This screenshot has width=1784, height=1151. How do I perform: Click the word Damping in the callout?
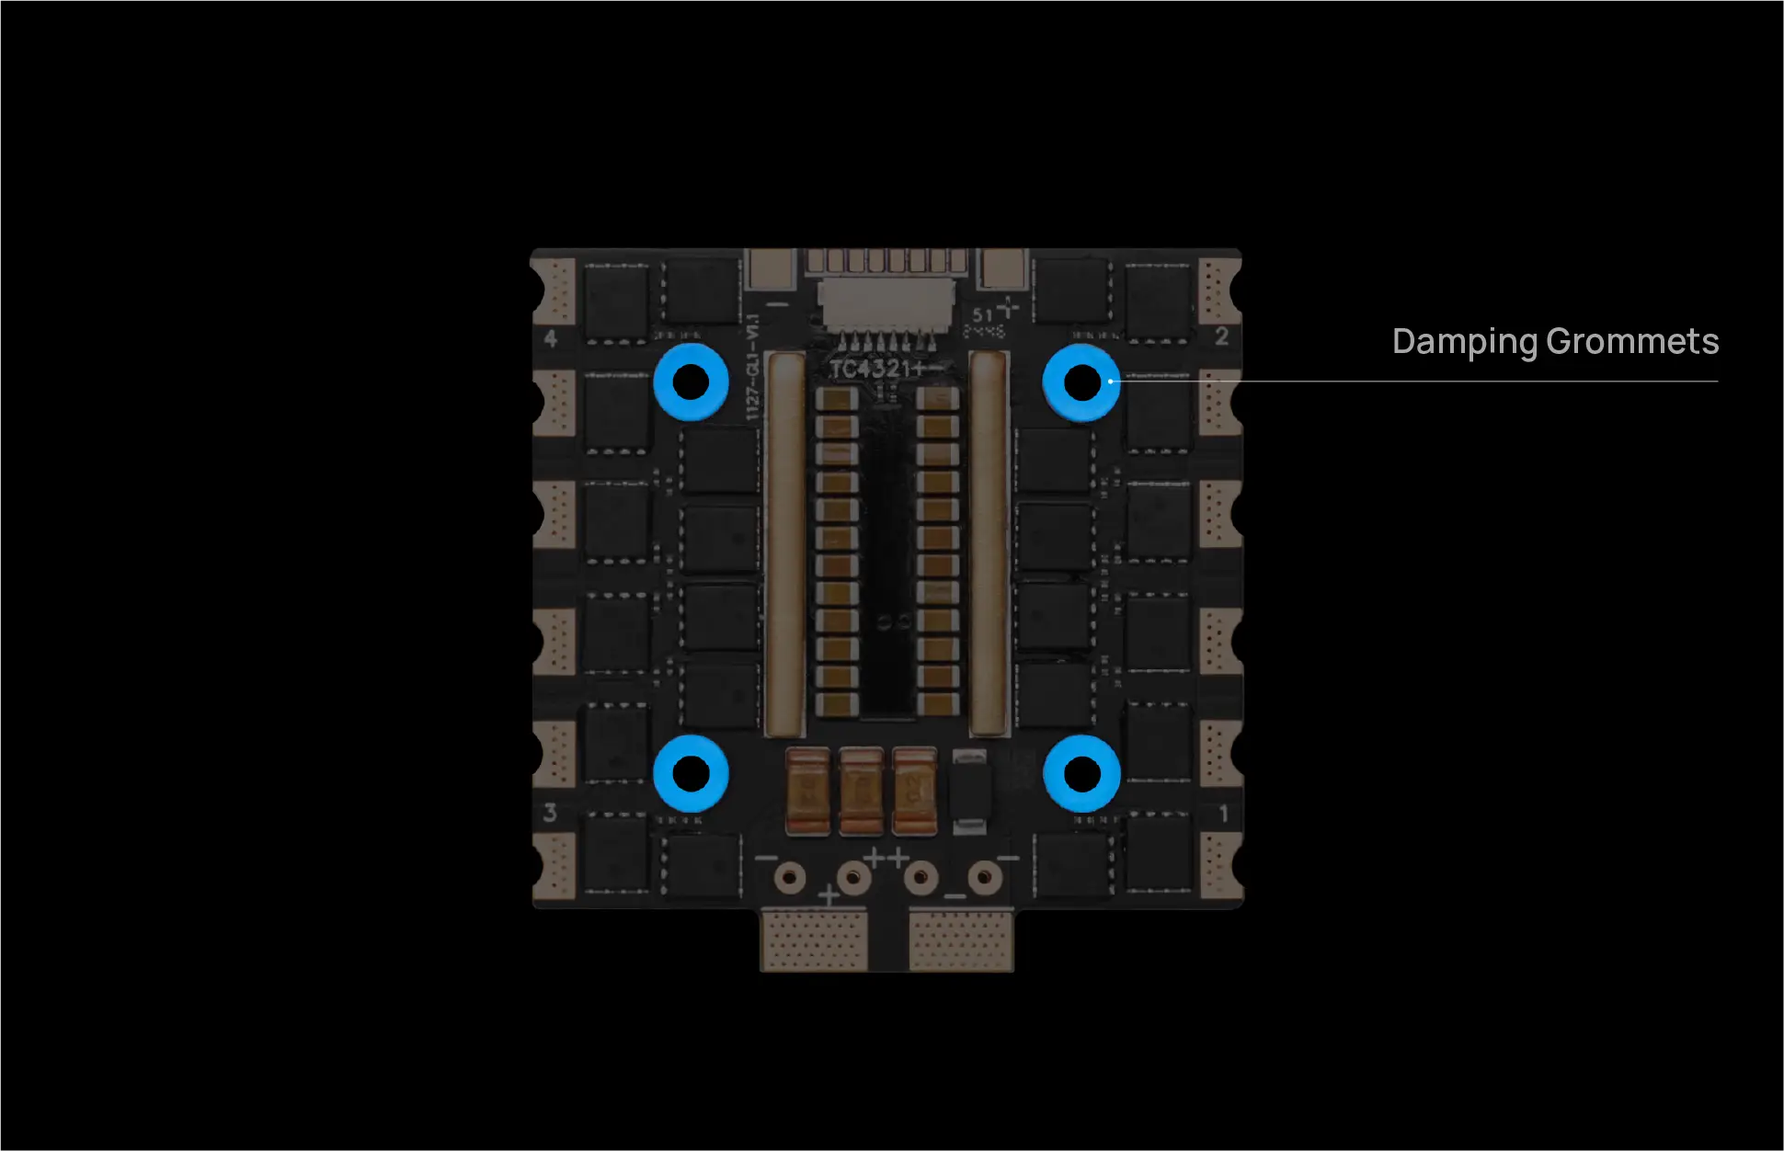point(1464,342)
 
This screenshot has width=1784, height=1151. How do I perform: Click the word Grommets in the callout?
point(1632,342)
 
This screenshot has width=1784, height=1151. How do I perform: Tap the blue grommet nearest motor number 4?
point(691,382)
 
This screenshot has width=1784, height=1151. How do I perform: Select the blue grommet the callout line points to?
point(1081,382)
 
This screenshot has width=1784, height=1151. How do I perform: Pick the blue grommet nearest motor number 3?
point(691,774)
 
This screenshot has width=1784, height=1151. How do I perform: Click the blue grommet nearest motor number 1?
point(1081,774)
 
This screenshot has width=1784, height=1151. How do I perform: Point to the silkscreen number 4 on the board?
point(550,338)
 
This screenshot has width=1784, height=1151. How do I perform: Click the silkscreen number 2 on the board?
point(1221,336)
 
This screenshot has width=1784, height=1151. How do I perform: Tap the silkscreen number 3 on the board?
point(550,813)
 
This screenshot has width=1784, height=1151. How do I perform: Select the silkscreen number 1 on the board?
point(1223,814)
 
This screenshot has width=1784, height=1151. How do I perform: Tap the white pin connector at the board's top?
point(886,308)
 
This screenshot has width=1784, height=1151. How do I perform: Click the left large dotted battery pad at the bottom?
point(814,940)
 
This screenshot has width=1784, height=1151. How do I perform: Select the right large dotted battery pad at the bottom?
point(961,940)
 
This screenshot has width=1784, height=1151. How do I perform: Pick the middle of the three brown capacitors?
point(862,791)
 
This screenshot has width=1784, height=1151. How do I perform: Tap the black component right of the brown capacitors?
point(968,791)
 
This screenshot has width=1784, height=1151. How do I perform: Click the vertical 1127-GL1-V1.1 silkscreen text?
point(753,368)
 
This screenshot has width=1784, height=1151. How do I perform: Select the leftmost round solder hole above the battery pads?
point(789,877)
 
